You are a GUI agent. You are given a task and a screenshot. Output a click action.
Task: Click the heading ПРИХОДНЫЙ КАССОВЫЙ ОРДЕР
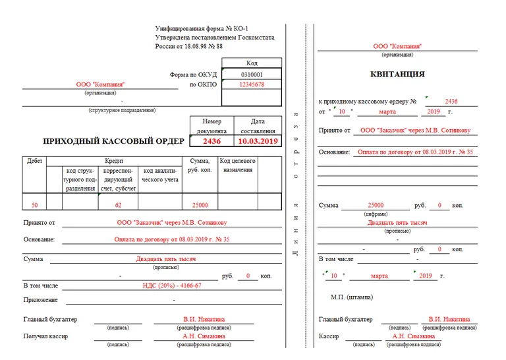point(114,141)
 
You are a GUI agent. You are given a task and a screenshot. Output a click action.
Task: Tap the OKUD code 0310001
point(252,75)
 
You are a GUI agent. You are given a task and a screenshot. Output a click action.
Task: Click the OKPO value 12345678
point(252,84)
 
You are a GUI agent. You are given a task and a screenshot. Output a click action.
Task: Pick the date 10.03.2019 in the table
point(259,141)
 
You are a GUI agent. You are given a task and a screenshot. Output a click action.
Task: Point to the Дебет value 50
point(34,205)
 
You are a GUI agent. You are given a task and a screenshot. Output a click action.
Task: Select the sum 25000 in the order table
point(200,205)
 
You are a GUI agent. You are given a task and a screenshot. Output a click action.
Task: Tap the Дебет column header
point(34,161)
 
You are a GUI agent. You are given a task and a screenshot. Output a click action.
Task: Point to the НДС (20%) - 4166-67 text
point(172,285)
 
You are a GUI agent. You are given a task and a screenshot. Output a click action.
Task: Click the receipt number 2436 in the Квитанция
point(451,102)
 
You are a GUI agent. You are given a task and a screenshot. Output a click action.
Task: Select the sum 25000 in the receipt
point(376,205)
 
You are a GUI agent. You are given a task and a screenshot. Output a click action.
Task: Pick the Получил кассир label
point(45,336)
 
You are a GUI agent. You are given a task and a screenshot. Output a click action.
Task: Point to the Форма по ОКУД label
point(193,75)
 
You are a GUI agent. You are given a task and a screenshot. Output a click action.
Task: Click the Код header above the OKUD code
point(252,63)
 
